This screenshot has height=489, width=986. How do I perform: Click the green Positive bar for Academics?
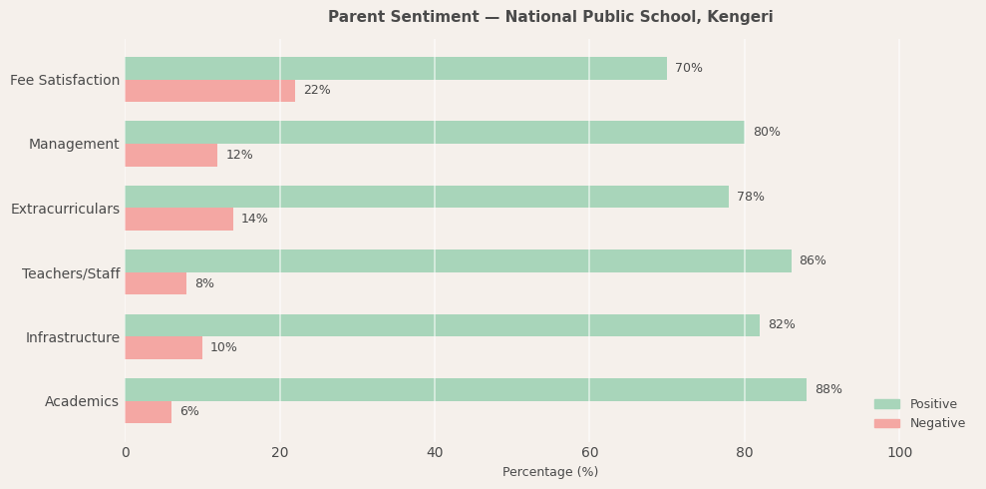coord(466,389)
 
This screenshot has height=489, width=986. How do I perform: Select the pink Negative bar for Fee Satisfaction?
coord(209,91)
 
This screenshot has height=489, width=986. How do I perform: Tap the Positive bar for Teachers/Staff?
coord(458,260)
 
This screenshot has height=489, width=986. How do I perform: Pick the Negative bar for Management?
coord(170,155)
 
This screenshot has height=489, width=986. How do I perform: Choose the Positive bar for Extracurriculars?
coord(427,197)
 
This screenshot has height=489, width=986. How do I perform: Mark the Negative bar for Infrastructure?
coord(164,347)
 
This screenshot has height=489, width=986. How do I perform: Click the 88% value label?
coord(827,389)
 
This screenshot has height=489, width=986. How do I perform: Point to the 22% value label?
coord(316,91)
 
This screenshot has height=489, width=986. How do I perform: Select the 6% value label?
coord(188,411)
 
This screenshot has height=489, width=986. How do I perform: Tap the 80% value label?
coord(766,132)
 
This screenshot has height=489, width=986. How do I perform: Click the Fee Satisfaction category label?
coord(65,80)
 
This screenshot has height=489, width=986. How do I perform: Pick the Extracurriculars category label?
coord(65,209)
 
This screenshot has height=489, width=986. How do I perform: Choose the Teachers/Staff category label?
coord(71,273)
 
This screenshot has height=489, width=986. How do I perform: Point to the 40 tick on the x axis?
coord(435,453)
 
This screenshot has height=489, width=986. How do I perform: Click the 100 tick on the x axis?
coord(899,453)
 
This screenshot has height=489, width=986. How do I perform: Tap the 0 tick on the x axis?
coord(126,453)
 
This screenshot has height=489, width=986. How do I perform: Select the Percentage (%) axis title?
coord(550,472)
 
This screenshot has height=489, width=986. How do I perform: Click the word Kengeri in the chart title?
coord(742,17)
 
